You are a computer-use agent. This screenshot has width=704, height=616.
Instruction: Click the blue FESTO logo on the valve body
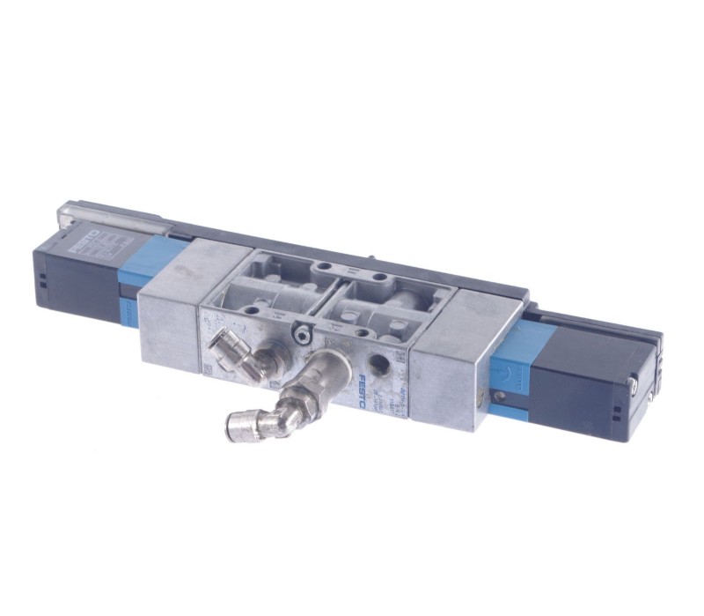pos(363,390)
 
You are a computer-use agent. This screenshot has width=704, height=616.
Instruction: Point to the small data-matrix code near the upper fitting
pos(209,366)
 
